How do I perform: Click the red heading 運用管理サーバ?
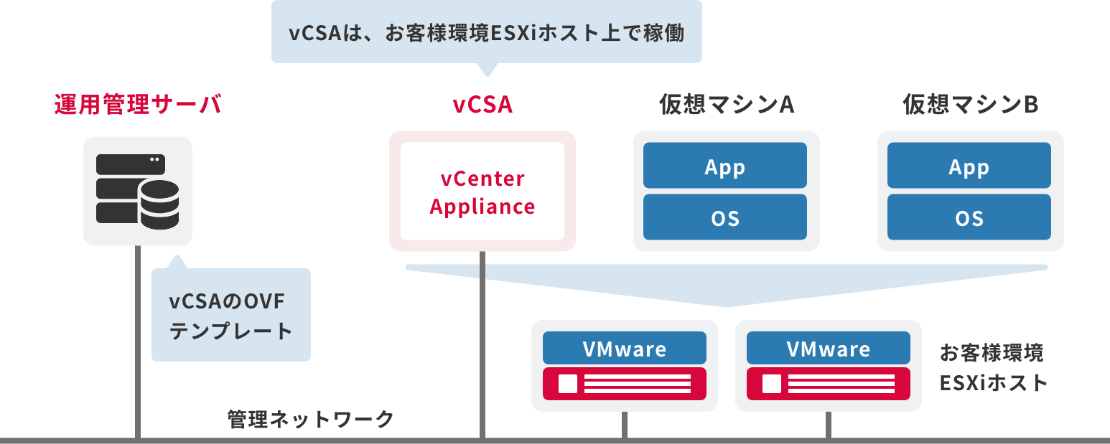click(x=138, y=105)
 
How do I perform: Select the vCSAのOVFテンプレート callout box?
click(x=230, y=316)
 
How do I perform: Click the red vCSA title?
click(x=482, y=105)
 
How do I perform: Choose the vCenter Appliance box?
click(x=482, y=192)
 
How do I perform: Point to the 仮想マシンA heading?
click(x=726, y=105)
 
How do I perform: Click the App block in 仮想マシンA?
click(x=725, y=166)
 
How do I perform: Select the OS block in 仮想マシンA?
click(x=725, y=217)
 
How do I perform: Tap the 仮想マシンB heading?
click(x=970, y=105)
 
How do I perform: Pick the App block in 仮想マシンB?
click(x=969, y=166)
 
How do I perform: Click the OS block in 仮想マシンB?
click(x=969, y=217)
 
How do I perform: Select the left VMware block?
click(x=624, y=349)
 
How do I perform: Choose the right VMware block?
click(x=828, y=349)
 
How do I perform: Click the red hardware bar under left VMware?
click(x=624, y=384)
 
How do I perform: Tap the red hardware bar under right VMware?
click(x=828, y=384)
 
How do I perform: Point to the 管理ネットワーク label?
click(x=310, y=419)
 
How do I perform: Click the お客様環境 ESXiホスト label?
click(x=993, y=367)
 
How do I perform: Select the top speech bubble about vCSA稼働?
click(x=486, y=33)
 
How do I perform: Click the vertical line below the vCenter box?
click(x=482, y=344)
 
